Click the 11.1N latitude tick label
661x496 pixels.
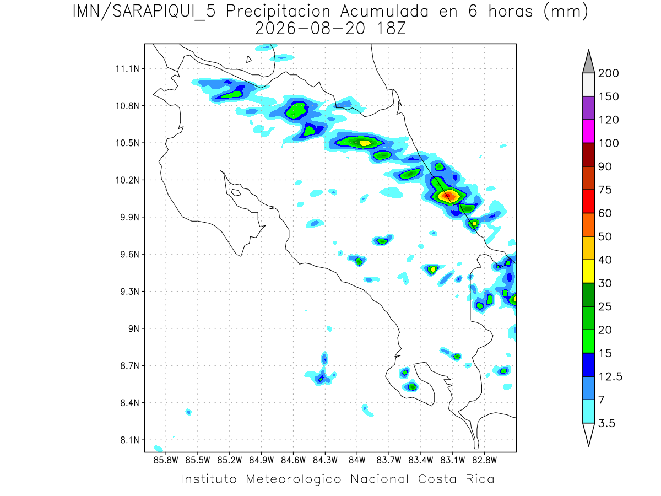pyautogui.click(x=127, y=69)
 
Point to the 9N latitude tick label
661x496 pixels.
pyautogui.click(x=134, y=328)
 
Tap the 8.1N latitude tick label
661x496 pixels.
pyautogui.click(x=130, y=440)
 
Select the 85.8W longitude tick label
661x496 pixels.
pyautogui.click(x=166, y=461)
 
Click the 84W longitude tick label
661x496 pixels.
pyautogui.click(x=357, y=461)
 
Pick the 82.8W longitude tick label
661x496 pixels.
pyautogui.click(x=485, y=461)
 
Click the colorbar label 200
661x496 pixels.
pyautogui.click(x=608, y=73)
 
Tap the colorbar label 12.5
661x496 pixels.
pyautogui.click(x=610, y=377)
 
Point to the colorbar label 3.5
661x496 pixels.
pyautogui.click(x=606, y=423)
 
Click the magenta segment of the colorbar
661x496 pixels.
pyautogui.click(x=588, y=131)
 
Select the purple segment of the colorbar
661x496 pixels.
pyautogui.click(x=588, y=108)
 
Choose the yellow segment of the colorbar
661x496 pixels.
pyautogui.click(x=588, y=271)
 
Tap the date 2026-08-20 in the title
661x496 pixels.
pyautogui.click(x=310, y=29)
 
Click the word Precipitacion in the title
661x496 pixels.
pyautogui.click(x=278, y=12)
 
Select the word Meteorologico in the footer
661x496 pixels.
pyautogui.click(x=293, y=479)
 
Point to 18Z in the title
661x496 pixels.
pyautogui.click(x=391, y=29)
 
